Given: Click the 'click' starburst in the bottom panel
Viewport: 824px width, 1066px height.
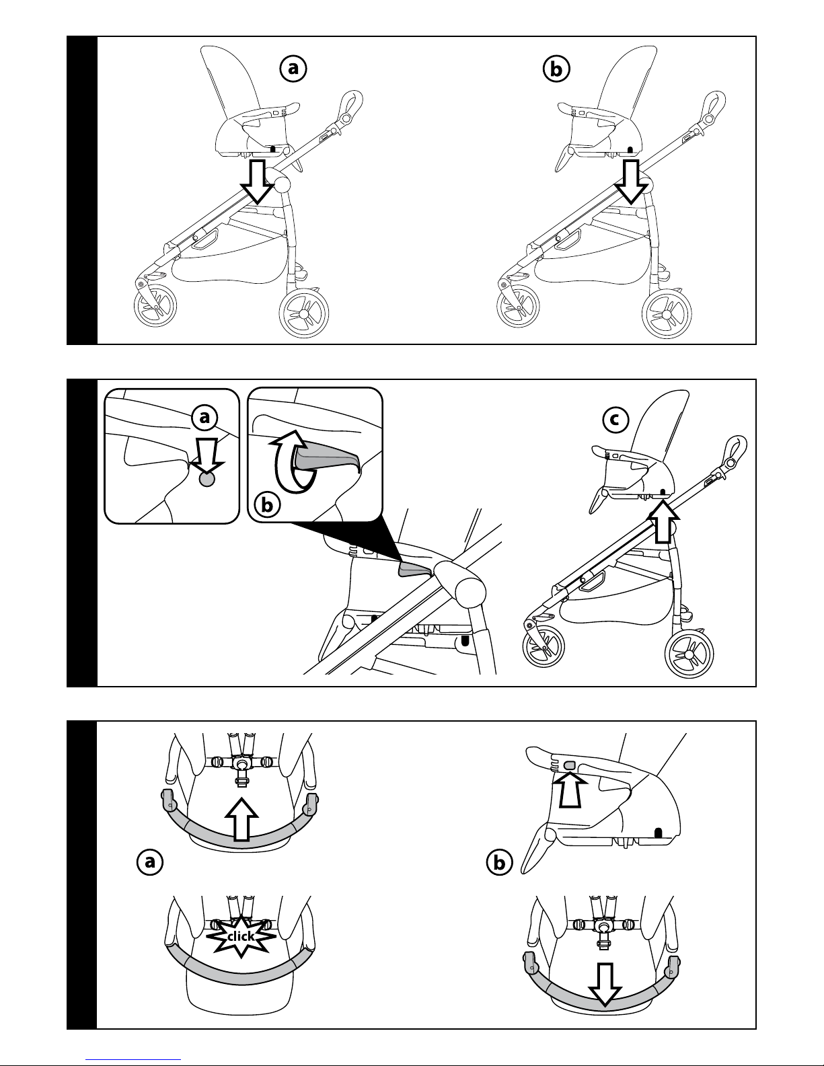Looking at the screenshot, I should tap(241, 936).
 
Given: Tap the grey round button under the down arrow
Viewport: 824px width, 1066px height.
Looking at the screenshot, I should tap(207, 479).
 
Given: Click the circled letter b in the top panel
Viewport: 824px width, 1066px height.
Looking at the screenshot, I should tap(556, 68).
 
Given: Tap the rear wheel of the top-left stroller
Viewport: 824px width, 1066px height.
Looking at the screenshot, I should tap(305, 313).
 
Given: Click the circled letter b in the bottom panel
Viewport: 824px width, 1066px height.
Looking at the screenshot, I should tap(498, 862).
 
